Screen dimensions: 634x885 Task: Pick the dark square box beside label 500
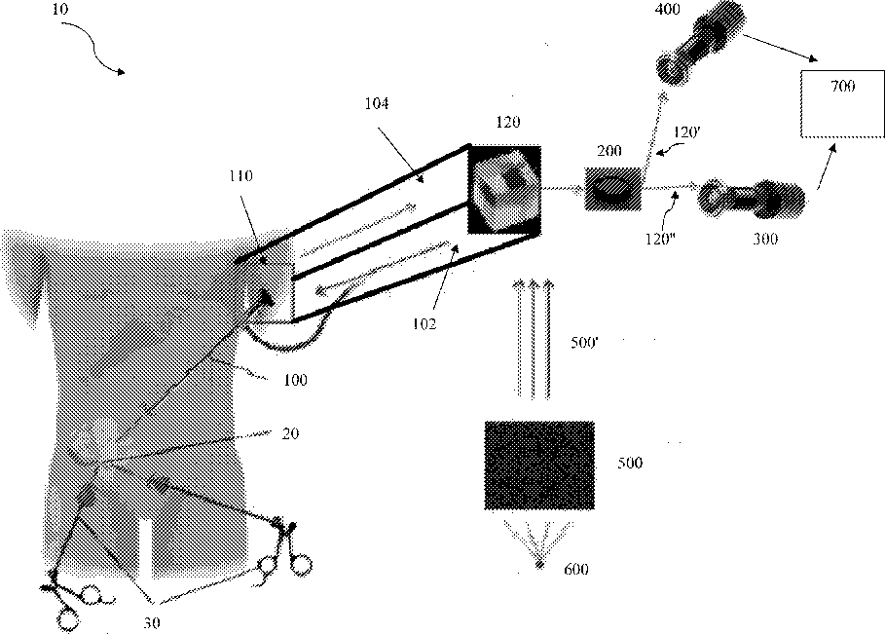(x=539, y=465)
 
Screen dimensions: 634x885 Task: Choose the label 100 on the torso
(x=293, y=380)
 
